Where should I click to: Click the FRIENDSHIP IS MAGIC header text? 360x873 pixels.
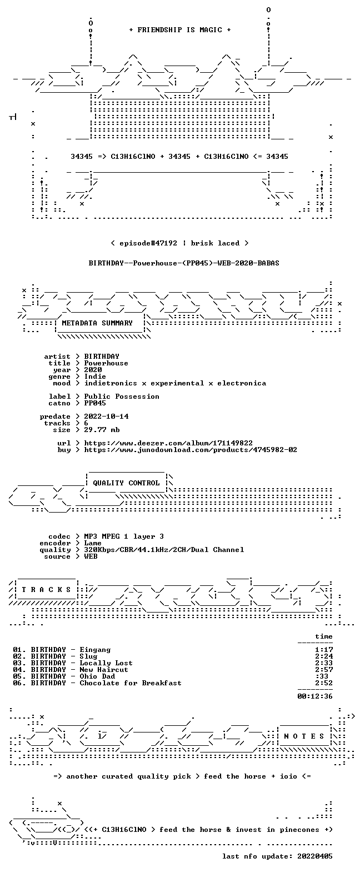pos(180,29)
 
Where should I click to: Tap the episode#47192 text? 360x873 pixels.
pos(148,243)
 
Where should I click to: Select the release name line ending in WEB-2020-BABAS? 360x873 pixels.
pos(184,263)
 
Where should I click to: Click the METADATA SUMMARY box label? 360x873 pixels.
pos(97,323)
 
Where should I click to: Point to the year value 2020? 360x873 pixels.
pos(93,370)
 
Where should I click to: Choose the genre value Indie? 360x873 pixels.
pos(95,377)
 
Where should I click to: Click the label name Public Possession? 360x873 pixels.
pos(122,397)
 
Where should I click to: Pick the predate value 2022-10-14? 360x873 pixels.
pos(106,417)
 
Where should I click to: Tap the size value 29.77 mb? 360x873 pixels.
pos(102,430)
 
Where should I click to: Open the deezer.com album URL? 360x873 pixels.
pos(168,443)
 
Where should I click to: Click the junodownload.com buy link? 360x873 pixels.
pos(191,450)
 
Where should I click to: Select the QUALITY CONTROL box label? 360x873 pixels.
pos(126,483)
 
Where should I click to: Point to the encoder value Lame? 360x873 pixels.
pos(93,543)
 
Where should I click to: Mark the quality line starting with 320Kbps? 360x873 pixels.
pos(164,550)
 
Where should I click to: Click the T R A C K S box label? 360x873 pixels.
pos(46,590)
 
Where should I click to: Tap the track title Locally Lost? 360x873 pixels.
pos(106,663)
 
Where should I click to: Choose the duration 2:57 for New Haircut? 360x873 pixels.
pos(324,670)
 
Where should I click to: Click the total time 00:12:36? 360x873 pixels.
pos(315,696)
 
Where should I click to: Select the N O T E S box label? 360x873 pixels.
pos(304,736)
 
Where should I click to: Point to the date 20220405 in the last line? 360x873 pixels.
pos(315,856)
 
